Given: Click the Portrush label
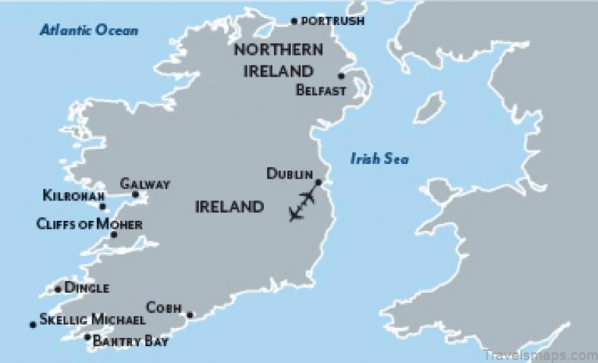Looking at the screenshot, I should pos(332,21).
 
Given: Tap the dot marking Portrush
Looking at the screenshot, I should pos(295,21).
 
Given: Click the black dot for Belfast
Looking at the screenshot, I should pos(341,76).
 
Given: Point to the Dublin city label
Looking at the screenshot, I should pos(290,174).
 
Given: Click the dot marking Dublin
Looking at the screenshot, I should pos(319,182).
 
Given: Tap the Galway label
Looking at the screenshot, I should pos(145,185).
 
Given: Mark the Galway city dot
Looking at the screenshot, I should pos(136,195).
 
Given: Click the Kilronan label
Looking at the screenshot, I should pos(70,196).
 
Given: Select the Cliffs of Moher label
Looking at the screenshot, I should pos(89,224).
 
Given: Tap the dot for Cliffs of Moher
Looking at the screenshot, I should pos(114,235).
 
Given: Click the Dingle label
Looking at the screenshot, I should pos(87,289).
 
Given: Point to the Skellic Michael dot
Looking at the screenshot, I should pos(33,325).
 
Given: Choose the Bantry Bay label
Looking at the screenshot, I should pos(130,342).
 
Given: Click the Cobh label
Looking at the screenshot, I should pos(164,307).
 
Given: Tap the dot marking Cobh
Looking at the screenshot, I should pos(190,315).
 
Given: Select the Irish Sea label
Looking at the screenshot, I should pos(379,159).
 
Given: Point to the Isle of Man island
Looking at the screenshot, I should pos(431,106).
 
